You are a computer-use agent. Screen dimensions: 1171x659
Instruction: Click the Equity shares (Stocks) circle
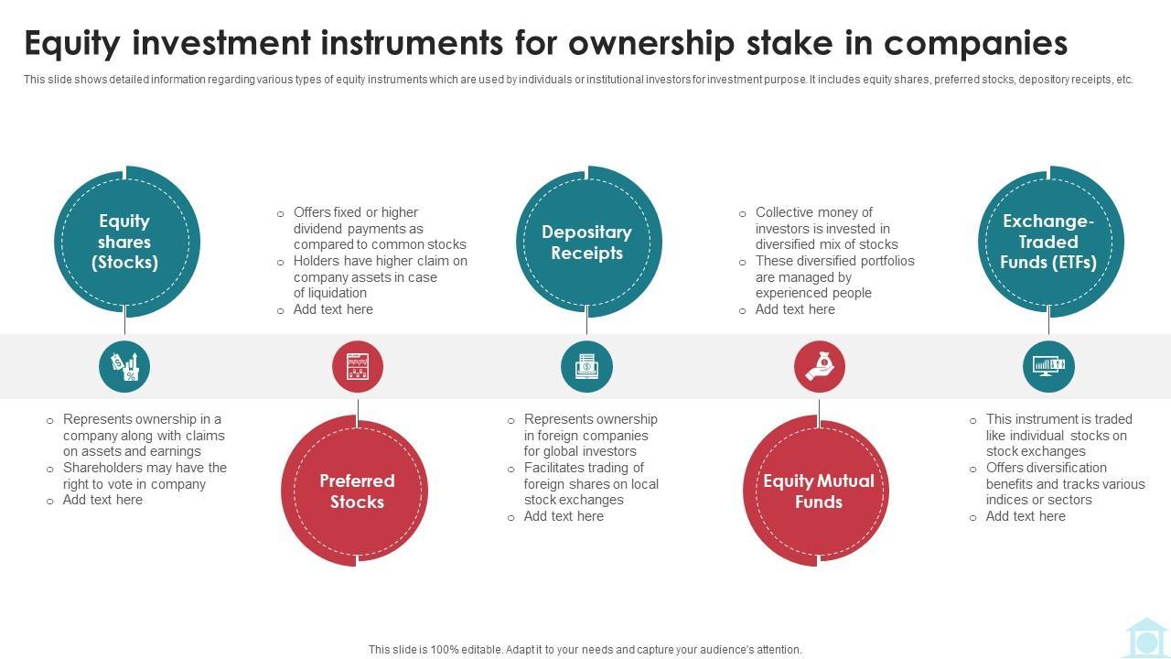(125, 242)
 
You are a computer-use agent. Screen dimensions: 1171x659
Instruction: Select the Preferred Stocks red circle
(356, 491)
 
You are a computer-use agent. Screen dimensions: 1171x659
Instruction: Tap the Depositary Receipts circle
(587, 243)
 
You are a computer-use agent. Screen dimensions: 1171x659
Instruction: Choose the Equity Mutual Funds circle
(818, 491)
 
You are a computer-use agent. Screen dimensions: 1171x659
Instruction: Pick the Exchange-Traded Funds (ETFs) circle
(1048, 242)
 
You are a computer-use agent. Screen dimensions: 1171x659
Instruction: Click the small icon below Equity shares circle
(124, 366)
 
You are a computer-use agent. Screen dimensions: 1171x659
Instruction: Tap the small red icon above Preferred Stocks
(357, 366)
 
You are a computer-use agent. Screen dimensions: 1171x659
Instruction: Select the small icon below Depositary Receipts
(586, 366)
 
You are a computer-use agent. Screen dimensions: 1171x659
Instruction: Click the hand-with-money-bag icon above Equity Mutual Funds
(819, 366)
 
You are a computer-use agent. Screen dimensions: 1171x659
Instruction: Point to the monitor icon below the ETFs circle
(1048, 366)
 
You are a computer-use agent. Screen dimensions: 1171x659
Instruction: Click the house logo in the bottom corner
(1144, 638)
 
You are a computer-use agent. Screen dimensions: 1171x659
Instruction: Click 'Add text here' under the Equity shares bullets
(102, 500)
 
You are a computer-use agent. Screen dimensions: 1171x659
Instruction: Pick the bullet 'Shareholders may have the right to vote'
(144, 476)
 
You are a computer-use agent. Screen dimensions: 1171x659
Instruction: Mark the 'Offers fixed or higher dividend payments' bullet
(379, 228)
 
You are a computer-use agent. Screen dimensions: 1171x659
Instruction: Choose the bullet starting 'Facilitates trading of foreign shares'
(590, 484)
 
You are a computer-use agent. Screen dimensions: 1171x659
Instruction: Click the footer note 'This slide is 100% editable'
(585, 650)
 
